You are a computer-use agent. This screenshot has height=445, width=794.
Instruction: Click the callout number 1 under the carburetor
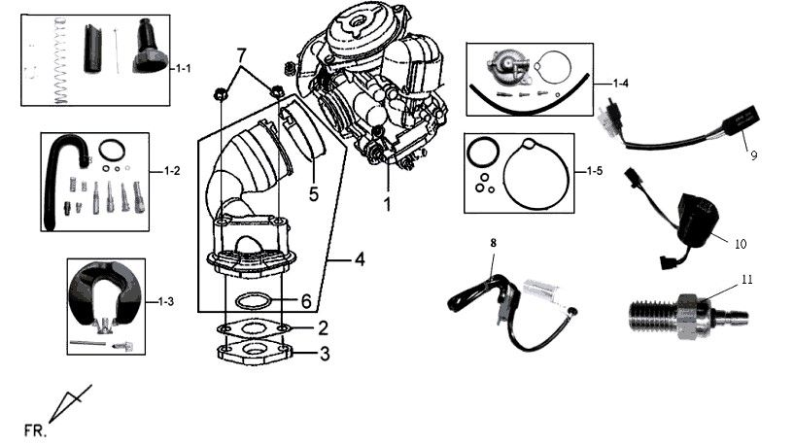(386, 205)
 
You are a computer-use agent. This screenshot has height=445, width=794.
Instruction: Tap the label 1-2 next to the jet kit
(171, 171)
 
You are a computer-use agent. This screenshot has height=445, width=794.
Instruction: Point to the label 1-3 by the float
(167, 302)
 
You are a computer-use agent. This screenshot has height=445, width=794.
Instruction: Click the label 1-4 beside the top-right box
(621, 83)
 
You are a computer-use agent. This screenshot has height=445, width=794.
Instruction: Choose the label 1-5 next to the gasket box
(596, 171)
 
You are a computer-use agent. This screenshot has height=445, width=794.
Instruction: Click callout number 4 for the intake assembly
(359, 259)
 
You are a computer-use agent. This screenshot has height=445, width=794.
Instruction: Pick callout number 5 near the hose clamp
(313, 193)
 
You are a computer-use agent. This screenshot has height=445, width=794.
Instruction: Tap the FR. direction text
(33, 427)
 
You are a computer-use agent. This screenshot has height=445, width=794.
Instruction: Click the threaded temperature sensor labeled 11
(685, 316)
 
